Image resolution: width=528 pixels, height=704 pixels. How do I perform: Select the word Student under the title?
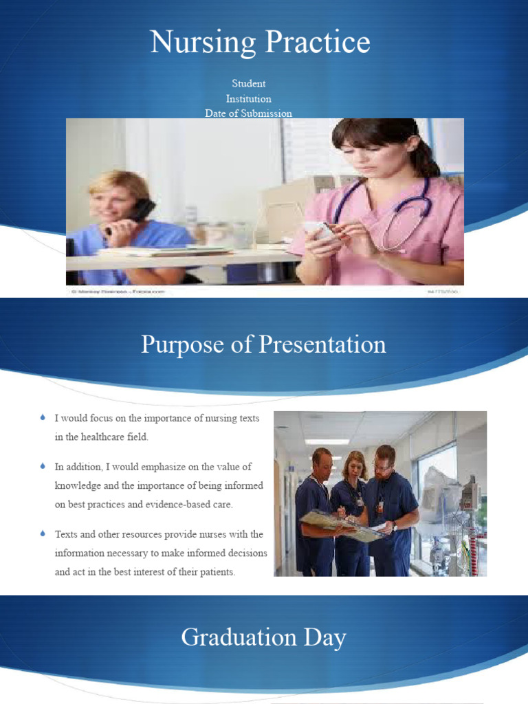pyautogui.click(x=249, y=83)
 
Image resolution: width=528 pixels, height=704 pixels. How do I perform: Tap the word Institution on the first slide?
pyautogui.click(x=249, y=98)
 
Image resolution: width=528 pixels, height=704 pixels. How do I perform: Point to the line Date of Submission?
pyautogui.click(x=249, y=113)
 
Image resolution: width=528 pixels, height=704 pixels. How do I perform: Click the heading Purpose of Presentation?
pyautogui.click(x=263, y=344)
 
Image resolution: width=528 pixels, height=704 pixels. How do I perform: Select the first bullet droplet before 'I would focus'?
pyautogui.click(x=43, y=417)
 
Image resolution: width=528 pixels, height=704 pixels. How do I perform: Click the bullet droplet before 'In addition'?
pyautogui.click(x=43, y=466)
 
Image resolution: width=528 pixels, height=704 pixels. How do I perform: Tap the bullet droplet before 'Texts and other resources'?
pyautogui.click(x=43, y=533)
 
